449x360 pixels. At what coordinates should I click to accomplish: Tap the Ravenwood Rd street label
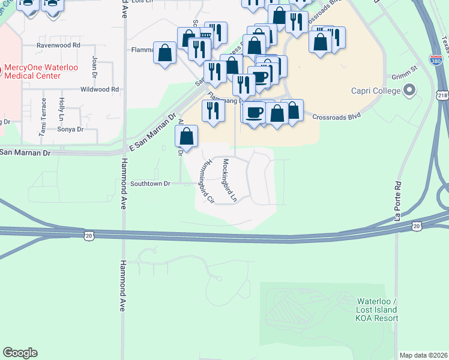pyautogui.click(x=58, y=45)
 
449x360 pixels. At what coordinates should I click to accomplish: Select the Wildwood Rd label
pyautogui.click(x=100, y=89)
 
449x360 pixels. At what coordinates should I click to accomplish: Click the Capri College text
pyautogui.click(x=376, y=91)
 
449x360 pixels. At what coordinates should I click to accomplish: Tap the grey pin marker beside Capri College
pyautogui.click(x=411, y=91)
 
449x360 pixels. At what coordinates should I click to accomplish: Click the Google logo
pyautogui.click(x=20, y=353)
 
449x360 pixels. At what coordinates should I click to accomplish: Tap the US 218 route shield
pyautogui.click(x=442, y=95)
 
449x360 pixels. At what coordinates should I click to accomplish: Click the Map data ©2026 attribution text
pyautogui.click(x=423, y=355)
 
